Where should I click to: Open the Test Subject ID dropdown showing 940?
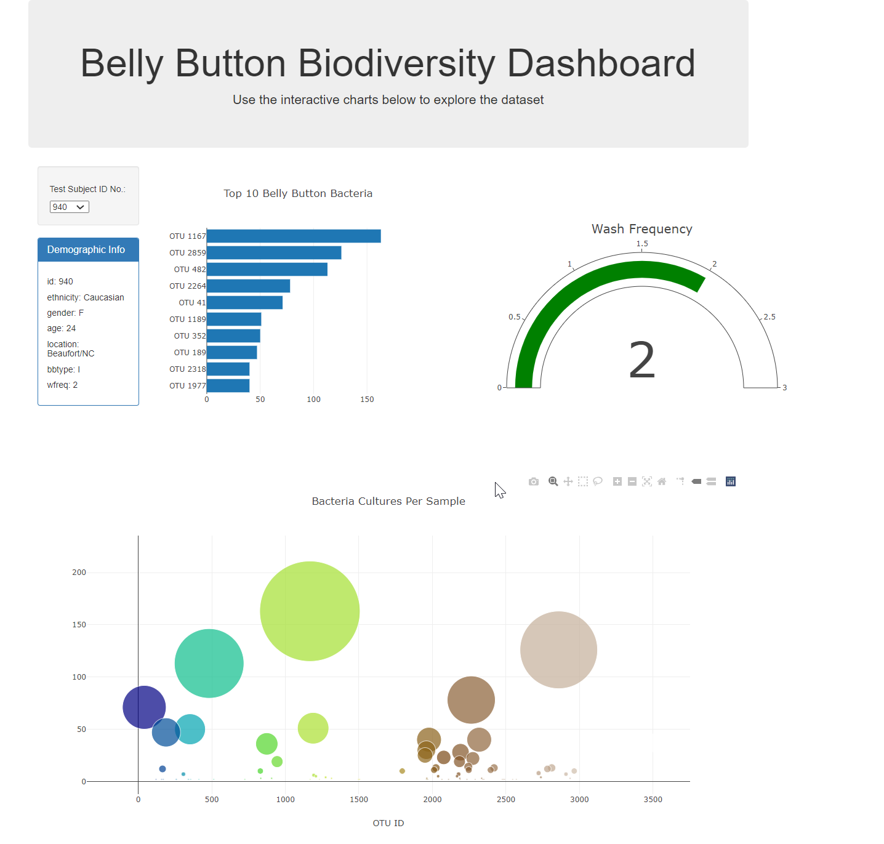click(70, 207)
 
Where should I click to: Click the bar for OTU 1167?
click(294, 236)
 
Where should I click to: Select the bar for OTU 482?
click(267, 270)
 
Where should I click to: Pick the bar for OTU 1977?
click(228, 386)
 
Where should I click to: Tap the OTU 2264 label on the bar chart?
click(187, 286)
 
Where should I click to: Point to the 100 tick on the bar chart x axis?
click(313, 400)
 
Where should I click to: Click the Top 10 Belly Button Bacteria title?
click(298, 193)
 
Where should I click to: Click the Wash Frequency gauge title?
click(641, 229)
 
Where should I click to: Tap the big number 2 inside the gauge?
click(641, 361)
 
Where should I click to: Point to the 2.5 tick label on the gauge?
click(769, 317)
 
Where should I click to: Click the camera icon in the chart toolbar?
click(534, 481)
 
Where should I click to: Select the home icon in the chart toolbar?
click(662, 481)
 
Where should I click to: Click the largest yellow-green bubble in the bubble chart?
click(310, 611)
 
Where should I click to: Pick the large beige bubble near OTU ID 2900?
click(558, 649)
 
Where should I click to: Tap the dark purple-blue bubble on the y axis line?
click(144, 707)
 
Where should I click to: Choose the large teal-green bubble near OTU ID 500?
click(209, 664)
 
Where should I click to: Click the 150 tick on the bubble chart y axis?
click(79, 625)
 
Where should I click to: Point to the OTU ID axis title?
click(388, 823)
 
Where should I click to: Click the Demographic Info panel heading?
click(86, 250)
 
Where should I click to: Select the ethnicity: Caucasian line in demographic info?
click(86, 297)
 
